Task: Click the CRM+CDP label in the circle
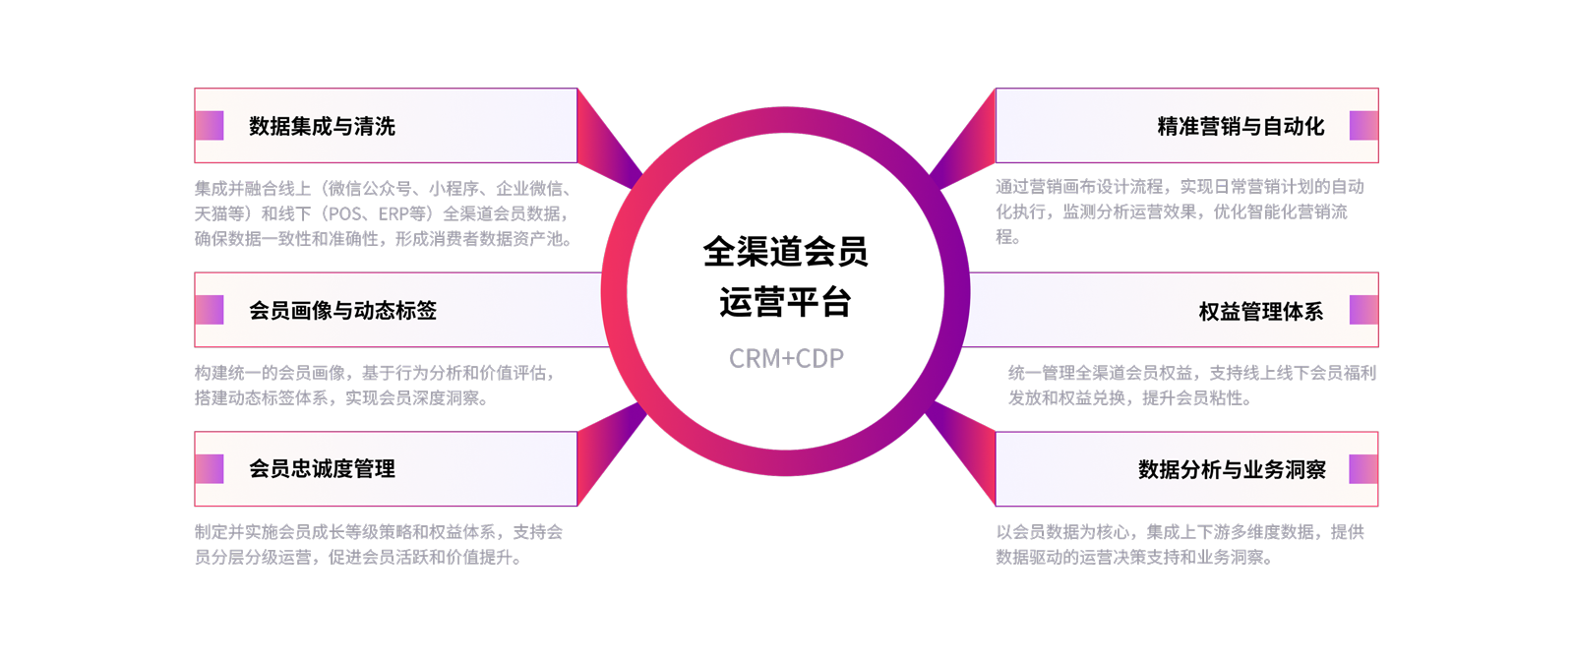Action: click(786, 358)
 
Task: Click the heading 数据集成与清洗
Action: click(322, 126)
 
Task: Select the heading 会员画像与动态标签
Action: click(342, 311)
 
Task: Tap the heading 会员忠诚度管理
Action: click(322, 469)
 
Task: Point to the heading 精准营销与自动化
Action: click(1241, 126)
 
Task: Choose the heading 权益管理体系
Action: click(1260, 312)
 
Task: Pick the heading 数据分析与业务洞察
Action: click(1232, 470)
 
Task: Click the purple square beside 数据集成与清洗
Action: click(210, 126)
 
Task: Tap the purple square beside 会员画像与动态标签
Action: click(210, 311)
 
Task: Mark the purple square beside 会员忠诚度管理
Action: click(210, 469)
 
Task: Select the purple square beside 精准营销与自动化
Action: click(1363, 126)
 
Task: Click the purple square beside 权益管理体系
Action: click(1363, 311)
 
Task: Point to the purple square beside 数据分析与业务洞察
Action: click(1363, 469)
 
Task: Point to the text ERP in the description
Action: click(395, 213)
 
